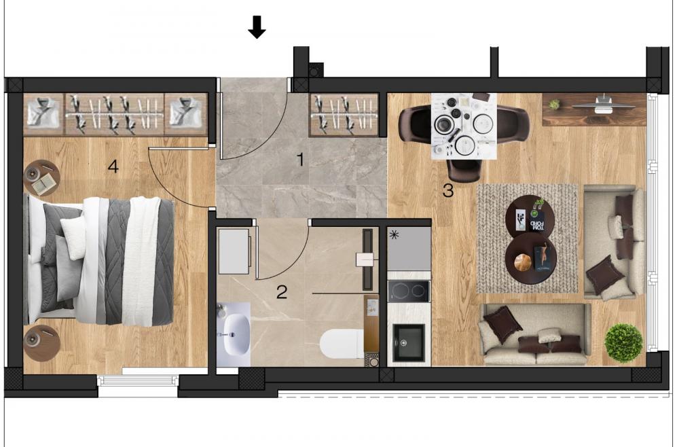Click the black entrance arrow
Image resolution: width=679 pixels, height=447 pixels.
(x=257, y=27)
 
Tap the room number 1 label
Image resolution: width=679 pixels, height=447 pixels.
(x=300, y=160)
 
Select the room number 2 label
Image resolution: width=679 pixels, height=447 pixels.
(x=282, y=292)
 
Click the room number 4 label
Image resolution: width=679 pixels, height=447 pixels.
(x=113, y=166)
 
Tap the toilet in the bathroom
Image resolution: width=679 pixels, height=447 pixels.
(x=342, y=344)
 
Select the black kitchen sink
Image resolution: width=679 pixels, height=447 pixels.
(x=409, y=342)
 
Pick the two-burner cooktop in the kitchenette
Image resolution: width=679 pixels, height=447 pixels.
(x=409, y=291)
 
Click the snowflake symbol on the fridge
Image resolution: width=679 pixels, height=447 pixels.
(x=394, y=235)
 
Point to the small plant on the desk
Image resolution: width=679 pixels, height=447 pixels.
(x=554, y=105)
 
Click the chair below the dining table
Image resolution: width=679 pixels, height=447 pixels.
(x=464, y=171)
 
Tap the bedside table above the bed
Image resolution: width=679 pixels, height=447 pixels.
(x=42, y=177)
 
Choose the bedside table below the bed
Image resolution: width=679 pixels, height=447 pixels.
(x=41, y=343)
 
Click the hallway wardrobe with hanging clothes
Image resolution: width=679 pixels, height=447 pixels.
(x=344, y=115)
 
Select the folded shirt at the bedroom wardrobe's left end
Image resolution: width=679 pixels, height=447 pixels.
(x=43, y=114)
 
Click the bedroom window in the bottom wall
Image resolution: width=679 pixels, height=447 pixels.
(x=138, y=380)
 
